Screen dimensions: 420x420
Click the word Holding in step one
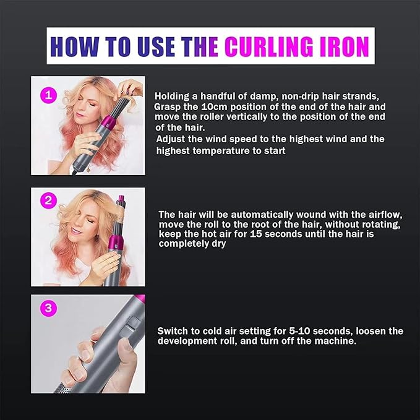pos(173,96)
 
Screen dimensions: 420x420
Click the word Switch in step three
pos(174,331)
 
